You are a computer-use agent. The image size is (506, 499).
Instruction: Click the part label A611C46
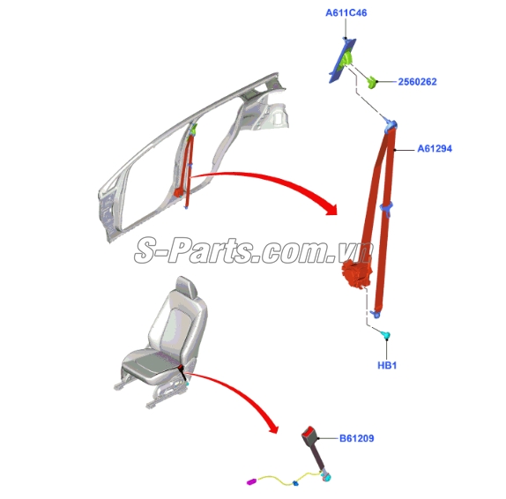coord(346,13)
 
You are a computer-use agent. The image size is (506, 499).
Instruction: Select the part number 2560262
coord(417,82)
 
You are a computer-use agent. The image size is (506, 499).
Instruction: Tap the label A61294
coord(435,148)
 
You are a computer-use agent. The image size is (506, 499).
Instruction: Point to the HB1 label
coord(387,365)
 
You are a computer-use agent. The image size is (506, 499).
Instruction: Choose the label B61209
coord(357,438)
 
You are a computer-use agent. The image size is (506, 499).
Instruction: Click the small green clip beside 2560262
coord(372,82)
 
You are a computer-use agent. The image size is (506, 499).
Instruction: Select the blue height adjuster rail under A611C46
coord(342,60)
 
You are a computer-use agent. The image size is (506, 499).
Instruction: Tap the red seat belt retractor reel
coord(357,273)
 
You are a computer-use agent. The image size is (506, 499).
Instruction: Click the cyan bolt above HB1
coord(385,335)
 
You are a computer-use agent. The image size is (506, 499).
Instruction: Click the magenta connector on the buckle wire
coord(251,481)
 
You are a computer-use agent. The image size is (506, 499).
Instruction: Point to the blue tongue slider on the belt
coord(386,207)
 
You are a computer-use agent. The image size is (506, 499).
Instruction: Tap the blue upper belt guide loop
coord(391,125)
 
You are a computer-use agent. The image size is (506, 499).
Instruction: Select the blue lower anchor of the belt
coord(375,314)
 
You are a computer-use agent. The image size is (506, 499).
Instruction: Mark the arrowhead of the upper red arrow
coord(331,209)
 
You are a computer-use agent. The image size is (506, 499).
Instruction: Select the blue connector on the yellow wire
coord(295,483)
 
